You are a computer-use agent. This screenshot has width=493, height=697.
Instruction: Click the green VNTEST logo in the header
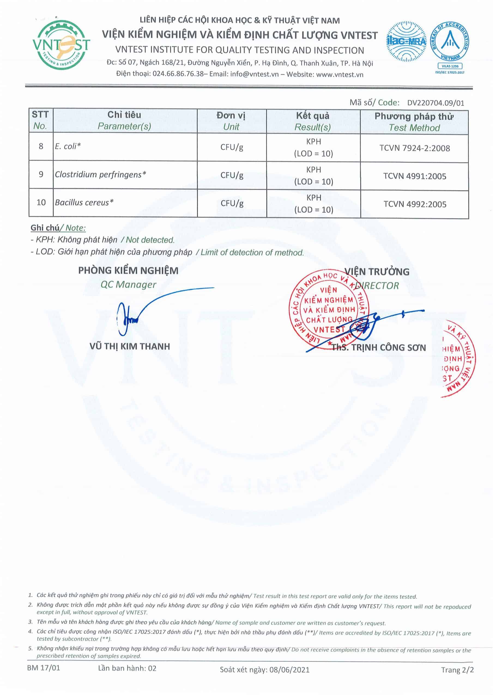tap(61, 45)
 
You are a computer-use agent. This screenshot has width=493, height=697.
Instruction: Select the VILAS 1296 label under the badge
tap(450, 66)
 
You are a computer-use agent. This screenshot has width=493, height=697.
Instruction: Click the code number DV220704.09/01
tap(435, 103)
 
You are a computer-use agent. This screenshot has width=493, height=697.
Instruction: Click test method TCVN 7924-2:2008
tap(415, 148)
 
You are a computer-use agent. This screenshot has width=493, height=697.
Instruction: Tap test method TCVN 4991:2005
tap(415, 176)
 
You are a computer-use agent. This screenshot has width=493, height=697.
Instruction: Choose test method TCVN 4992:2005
tap(415, 204)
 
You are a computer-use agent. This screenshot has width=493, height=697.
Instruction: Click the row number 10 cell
tap(41, 203)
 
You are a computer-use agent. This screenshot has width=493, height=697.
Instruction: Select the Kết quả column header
tap(313, 121)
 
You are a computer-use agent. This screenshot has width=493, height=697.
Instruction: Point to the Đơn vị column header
tap(231, 121)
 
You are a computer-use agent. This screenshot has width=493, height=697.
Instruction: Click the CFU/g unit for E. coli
tap(232, 147)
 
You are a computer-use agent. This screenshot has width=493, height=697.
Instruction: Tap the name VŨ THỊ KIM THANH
tap(130, 346)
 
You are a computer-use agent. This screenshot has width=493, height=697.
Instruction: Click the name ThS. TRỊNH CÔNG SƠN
tap(379, 348)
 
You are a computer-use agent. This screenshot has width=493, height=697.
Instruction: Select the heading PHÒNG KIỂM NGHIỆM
tap(128, 270)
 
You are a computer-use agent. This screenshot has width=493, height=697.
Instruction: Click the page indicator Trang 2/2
tap(457, 670)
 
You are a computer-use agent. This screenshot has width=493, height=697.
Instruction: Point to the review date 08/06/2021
tap(289, 670)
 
